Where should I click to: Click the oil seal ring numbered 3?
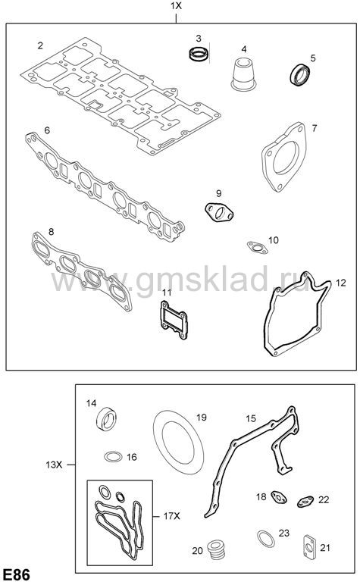click(198, 54)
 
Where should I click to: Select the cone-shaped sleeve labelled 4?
click(243, 74)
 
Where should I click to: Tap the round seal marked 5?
click(300, 74)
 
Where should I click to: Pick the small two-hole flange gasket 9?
click(219, 212)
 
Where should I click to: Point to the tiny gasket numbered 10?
click(257, 247)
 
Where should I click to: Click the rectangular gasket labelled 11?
click(174, 320)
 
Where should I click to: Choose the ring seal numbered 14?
click(106, 419)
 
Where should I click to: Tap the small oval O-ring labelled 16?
click(113, 456)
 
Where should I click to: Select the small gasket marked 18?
click(279, 497)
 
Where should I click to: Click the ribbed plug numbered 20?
click(217, 550)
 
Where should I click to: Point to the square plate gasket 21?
click(309, 546)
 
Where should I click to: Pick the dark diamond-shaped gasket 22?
click(306, 502)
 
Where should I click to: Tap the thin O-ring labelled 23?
click(266, 539)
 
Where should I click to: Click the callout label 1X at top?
click(177, 6)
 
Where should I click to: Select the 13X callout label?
click(54, 465)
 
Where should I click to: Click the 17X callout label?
click(171, 516)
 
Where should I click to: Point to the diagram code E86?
click(16, 574)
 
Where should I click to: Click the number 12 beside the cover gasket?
click(341, 283)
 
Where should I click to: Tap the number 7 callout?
click(315, 128)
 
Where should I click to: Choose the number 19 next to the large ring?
click(201, 418)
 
